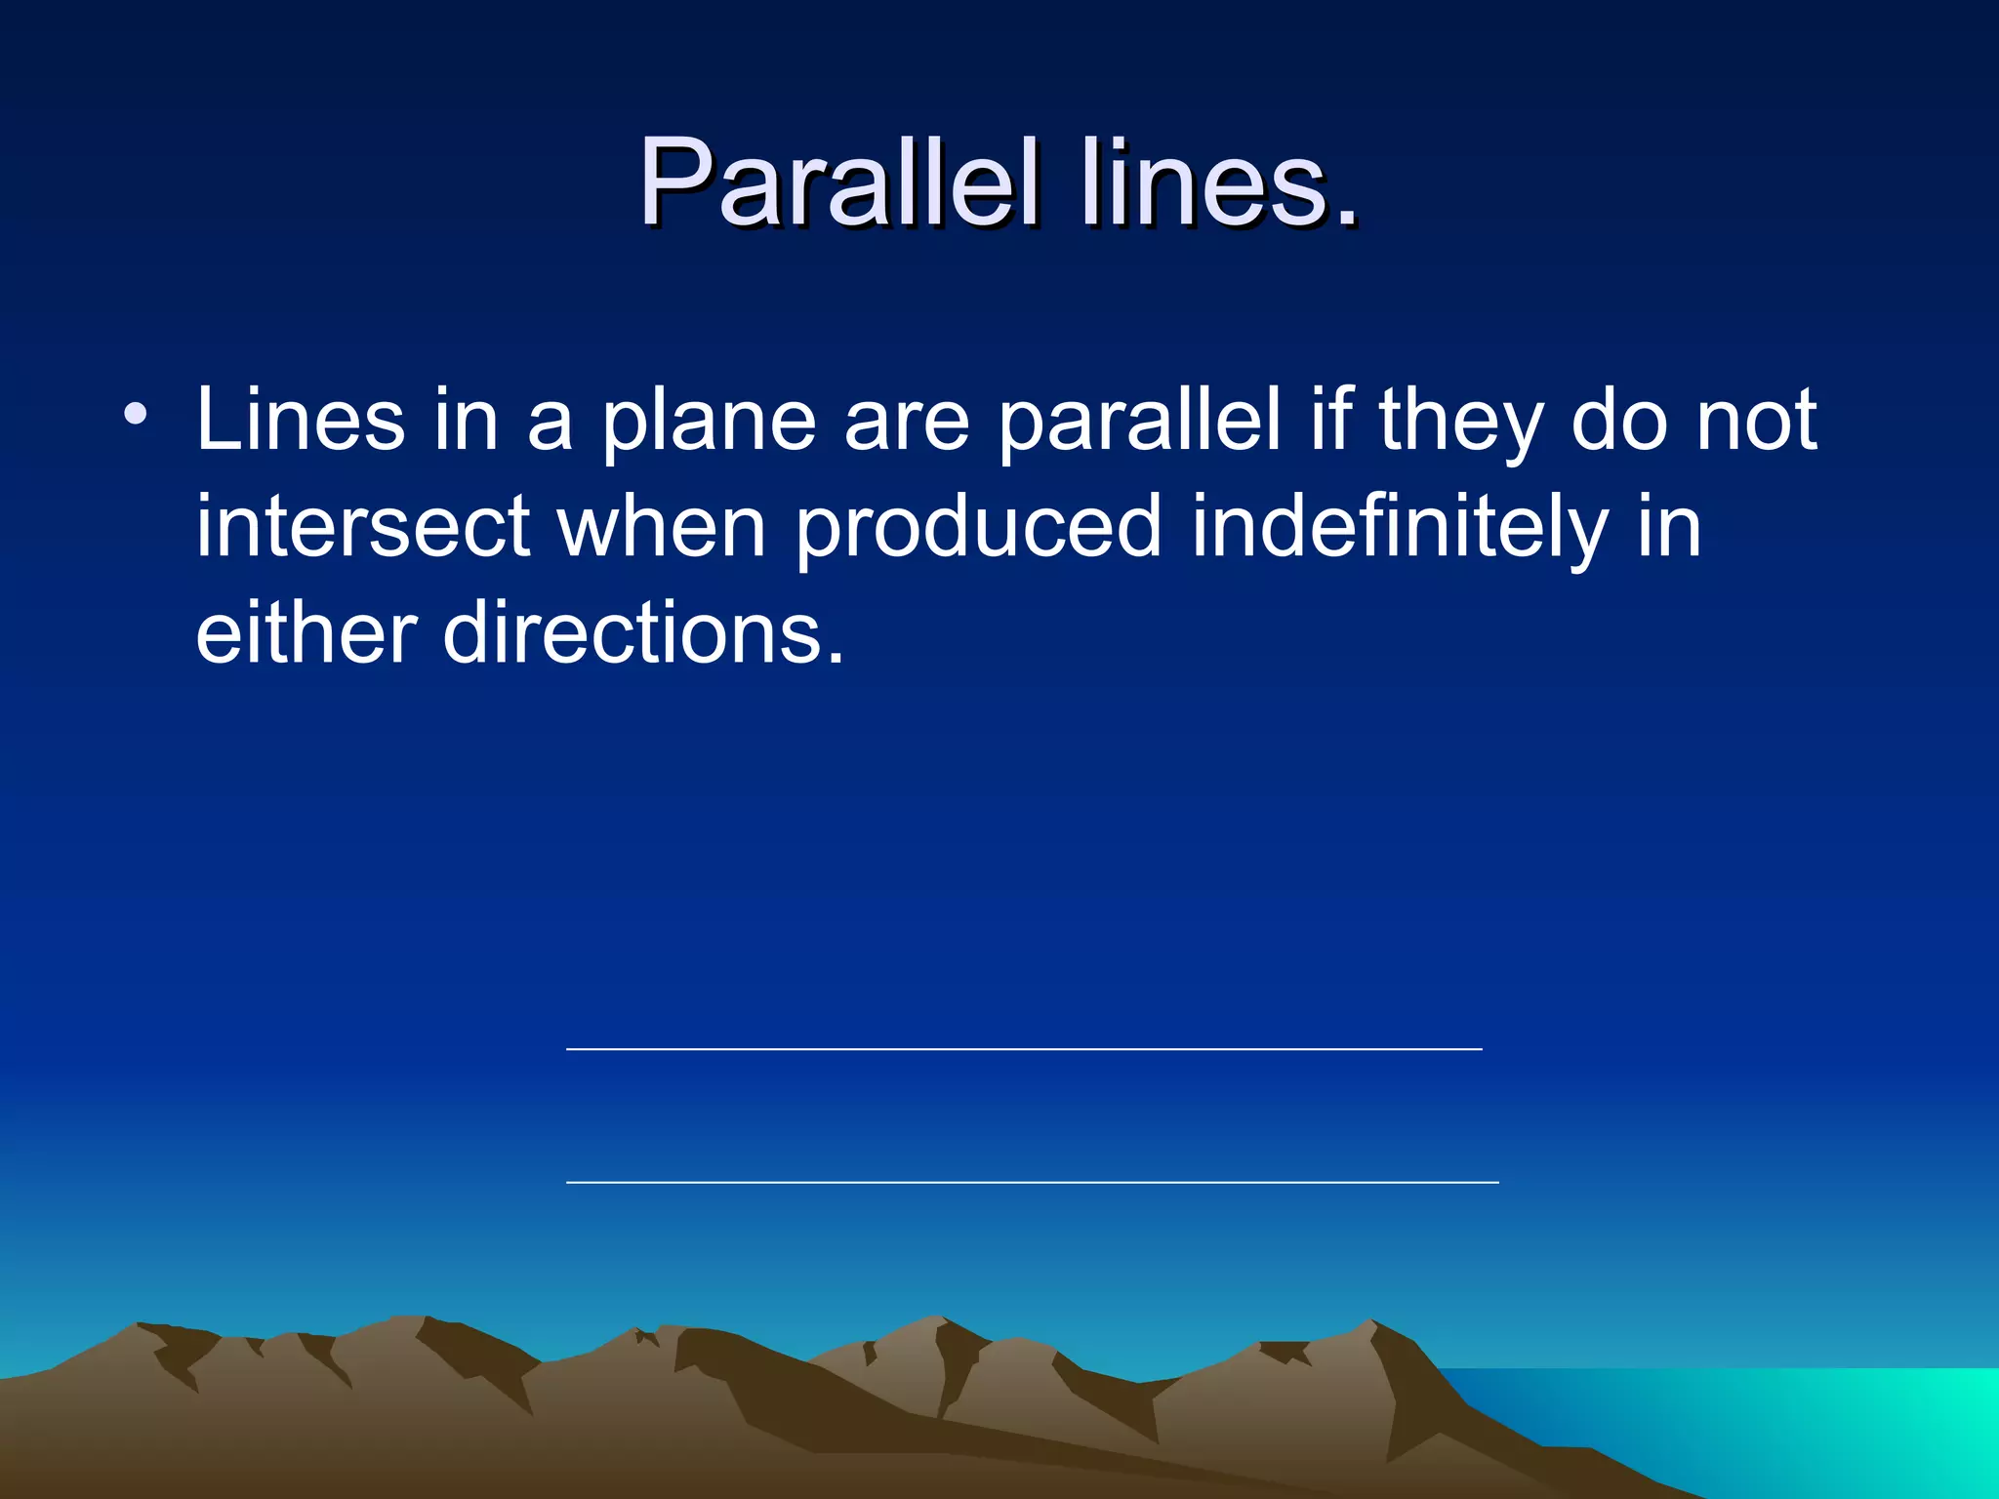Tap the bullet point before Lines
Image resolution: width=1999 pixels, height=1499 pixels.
[136, 414]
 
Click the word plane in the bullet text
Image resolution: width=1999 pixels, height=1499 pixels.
[709, 422]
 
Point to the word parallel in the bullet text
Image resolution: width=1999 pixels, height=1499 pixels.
[1139, 422]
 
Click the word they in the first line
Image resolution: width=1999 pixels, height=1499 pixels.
[1460, 422]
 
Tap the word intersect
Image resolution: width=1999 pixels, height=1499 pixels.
[363, 527]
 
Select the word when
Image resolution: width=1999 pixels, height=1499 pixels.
[662, 527]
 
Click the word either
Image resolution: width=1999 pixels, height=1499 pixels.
[306, 634]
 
